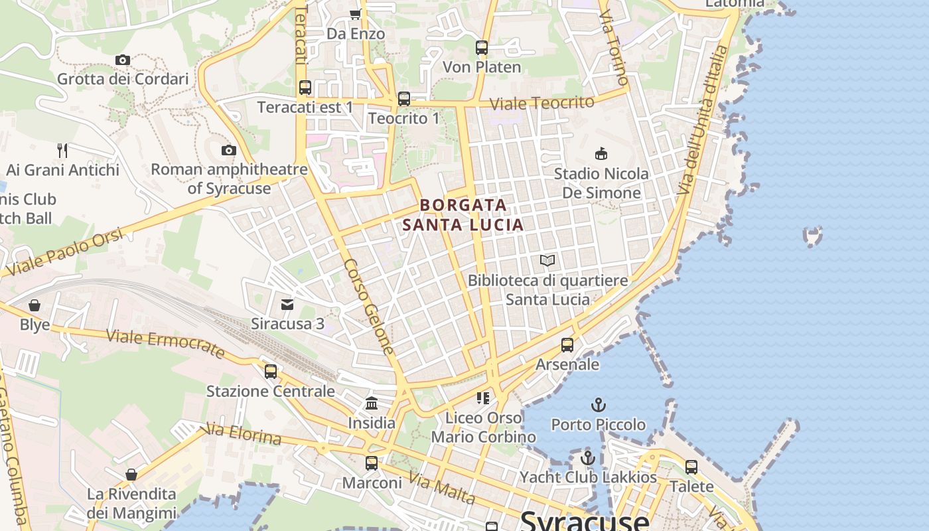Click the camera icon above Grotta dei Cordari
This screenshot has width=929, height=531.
tap(122, 60)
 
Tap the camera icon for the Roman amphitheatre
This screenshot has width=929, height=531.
tap(229, 150)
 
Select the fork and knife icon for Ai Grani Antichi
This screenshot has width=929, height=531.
tap(62, 150)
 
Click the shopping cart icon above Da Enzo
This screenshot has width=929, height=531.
tap(355, 14)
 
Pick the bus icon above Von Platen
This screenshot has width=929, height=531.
tap(482, 48)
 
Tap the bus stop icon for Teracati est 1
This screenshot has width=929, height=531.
tap(305, 88)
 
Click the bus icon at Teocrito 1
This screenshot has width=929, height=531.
tap(403, 99)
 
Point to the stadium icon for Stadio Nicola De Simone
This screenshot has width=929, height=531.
tap(601, 154)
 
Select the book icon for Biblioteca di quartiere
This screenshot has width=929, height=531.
tap(547, 260)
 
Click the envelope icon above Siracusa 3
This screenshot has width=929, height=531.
tap(287, 304)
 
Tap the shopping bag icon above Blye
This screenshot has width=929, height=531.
tap(35, 305)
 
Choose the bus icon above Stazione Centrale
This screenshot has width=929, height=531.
tap(271, 372)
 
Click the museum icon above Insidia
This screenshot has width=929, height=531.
tap(372, 403)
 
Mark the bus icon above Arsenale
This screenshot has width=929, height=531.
tap(567, 345)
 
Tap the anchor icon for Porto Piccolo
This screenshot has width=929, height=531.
tap(599, 404)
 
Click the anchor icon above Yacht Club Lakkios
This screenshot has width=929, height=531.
tap(587, 457)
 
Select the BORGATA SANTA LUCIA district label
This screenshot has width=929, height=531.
tap(463, 215)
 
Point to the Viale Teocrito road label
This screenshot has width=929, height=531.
tap(542, 103)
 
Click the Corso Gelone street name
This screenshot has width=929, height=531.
tap(368, 305)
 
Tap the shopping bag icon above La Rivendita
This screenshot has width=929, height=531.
tap(131, 475)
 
